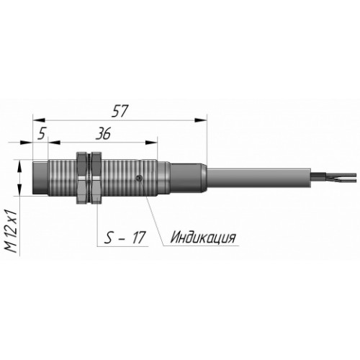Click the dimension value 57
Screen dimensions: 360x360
[x=120, y=111]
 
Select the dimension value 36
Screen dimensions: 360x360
[x=103, y=133]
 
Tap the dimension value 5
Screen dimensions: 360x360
[x=42, y=133]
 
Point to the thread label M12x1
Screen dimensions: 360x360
[x=12, y=232]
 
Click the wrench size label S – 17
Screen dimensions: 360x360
[x=125, y=238]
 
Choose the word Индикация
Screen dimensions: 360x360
[x=203, y=238]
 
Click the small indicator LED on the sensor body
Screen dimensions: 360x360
[x=139, y=178]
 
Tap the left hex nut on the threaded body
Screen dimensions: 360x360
[x=82, y=178]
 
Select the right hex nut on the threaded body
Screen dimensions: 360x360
[x=97, y=178]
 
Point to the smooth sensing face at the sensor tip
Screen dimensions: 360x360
[x=40, y=178]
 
